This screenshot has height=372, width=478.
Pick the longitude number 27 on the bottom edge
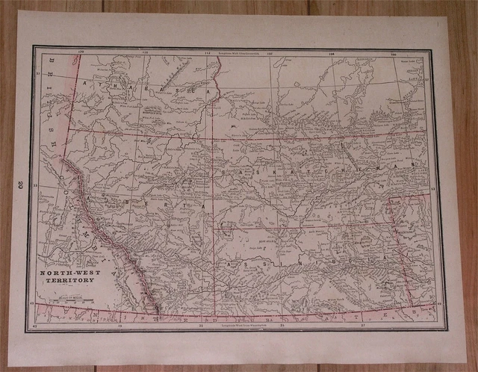(x=363, y=325)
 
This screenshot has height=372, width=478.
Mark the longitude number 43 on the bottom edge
(x=36, y=326)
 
